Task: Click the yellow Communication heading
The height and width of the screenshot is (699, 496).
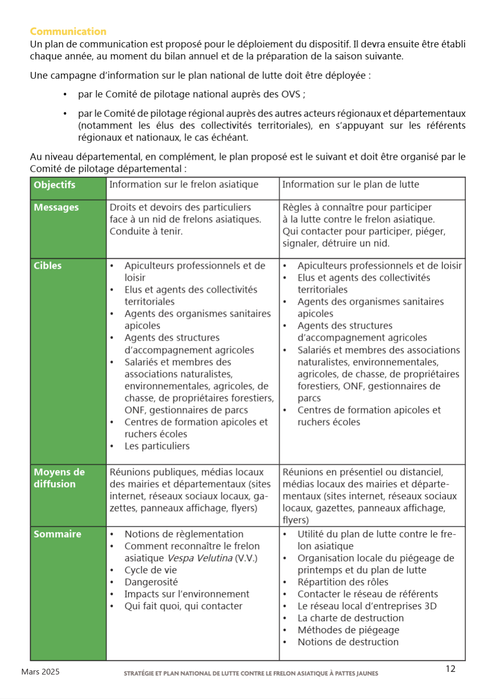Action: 68,31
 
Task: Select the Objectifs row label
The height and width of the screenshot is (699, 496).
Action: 54,185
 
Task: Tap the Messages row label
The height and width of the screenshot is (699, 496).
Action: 56,208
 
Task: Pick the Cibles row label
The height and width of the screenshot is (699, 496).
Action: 47,266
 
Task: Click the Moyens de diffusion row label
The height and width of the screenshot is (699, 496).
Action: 59,478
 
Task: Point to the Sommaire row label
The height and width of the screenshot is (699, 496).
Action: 57,534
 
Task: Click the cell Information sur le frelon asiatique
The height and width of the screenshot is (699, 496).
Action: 183,185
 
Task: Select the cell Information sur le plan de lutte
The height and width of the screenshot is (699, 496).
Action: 350,185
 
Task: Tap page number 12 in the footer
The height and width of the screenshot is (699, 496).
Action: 450,669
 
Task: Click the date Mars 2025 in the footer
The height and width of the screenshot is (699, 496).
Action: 40,672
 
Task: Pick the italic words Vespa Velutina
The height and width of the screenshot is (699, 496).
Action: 200,558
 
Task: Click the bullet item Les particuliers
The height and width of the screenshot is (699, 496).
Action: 157,446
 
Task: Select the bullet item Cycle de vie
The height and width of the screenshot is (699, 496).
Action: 151,570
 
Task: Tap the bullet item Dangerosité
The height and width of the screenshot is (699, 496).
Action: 151,582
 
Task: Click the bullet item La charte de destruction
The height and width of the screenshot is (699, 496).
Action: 350,618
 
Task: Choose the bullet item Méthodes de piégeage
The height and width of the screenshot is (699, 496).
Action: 348,630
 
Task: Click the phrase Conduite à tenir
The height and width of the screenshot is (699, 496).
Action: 146,232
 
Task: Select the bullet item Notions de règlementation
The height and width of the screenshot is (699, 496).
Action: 184,534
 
